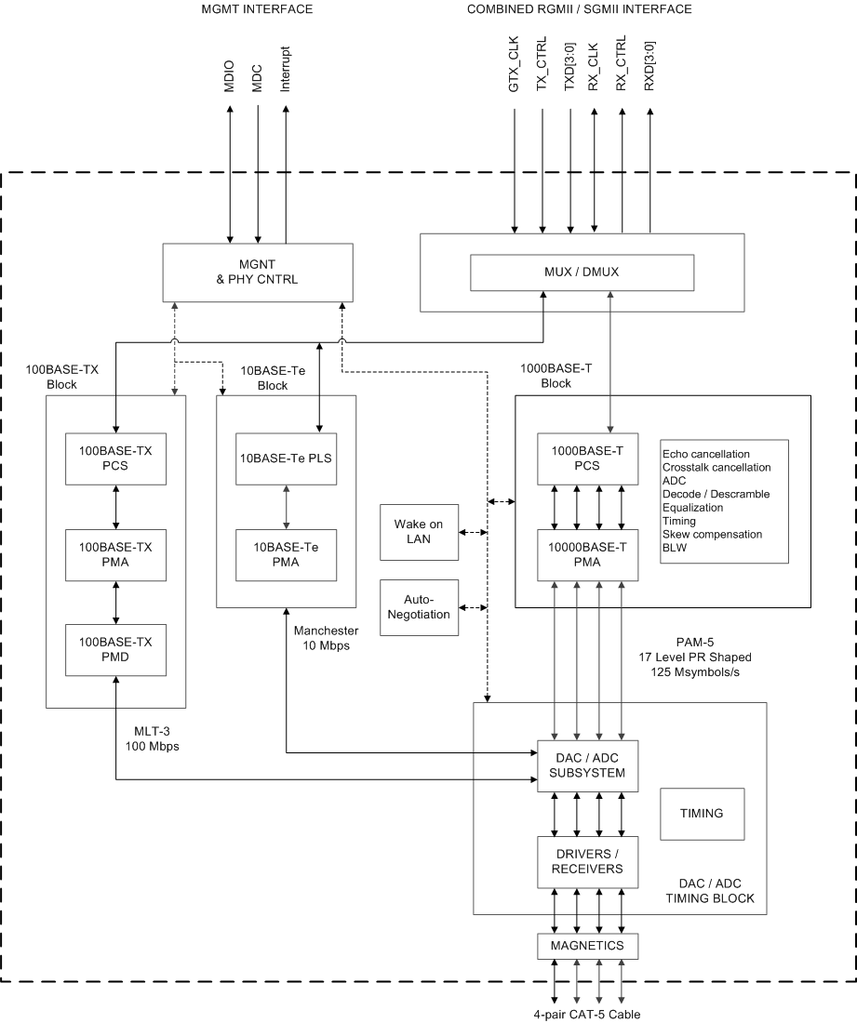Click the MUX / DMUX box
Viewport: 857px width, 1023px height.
click(582, 272)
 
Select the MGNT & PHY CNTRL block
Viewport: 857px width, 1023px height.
click(257, 272)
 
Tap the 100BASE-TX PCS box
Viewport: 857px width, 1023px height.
click(115, 458)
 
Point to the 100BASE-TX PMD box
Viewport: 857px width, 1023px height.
click(115, 648)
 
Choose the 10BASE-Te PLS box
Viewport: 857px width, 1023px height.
click(285, 458)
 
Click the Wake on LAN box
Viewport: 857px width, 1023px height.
click(419, 532)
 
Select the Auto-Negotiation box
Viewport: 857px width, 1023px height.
click(419, 607)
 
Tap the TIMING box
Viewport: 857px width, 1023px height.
click(702, 813)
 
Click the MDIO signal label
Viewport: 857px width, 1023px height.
click(230, 76)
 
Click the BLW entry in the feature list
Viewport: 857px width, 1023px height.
click(674, 548)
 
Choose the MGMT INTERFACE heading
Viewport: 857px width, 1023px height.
click(257, 9)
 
